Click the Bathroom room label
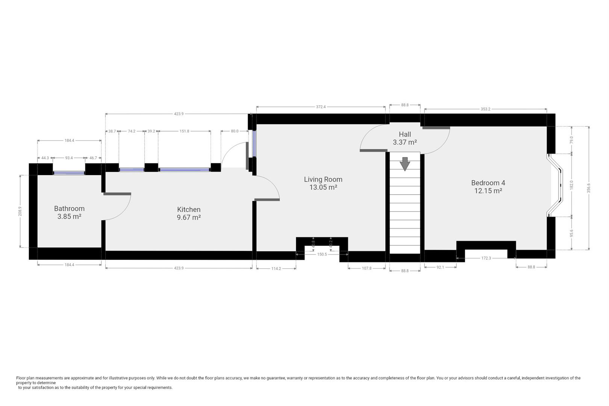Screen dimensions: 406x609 pos(69,208)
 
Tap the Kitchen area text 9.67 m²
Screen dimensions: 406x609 pos(189,217)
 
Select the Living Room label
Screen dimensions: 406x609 pos(323,179)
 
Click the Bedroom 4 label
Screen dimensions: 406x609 pos(488,183)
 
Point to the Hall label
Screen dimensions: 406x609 pos(405,134)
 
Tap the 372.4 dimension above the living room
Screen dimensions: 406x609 pos(321,107)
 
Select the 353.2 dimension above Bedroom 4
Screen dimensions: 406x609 pos(485,109)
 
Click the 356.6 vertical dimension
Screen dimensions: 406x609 pos(589,188)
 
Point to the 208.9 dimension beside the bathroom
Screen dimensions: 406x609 pos(20,211)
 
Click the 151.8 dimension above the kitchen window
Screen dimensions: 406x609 pos(184,131)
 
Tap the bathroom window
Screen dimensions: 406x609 pos(69,173)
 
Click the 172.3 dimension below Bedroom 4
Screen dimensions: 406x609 pos(486,258)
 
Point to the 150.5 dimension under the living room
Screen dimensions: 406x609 pos(322,255)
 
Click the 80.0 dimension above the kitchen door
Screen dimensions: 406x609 pos(235,131)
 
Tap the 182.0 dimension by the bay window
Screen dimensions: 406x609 pos(571,185)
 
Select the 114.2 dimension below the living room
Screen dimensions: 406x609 pos(276,268)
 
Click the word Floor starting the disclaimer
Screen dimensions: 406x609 pos(21,378)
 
